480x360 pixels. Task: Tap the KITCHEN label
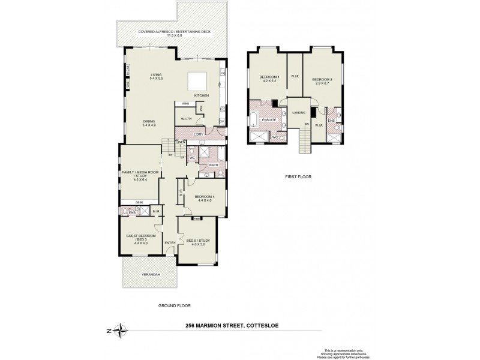tap(200, 95)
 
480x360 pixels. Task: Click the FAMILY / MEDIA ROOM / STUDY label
tap(140, 175)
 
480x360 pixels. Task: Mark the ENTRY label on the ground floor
tap(170, 242)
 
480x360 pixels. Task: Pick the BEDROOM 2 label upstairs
tap(322, 78)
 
